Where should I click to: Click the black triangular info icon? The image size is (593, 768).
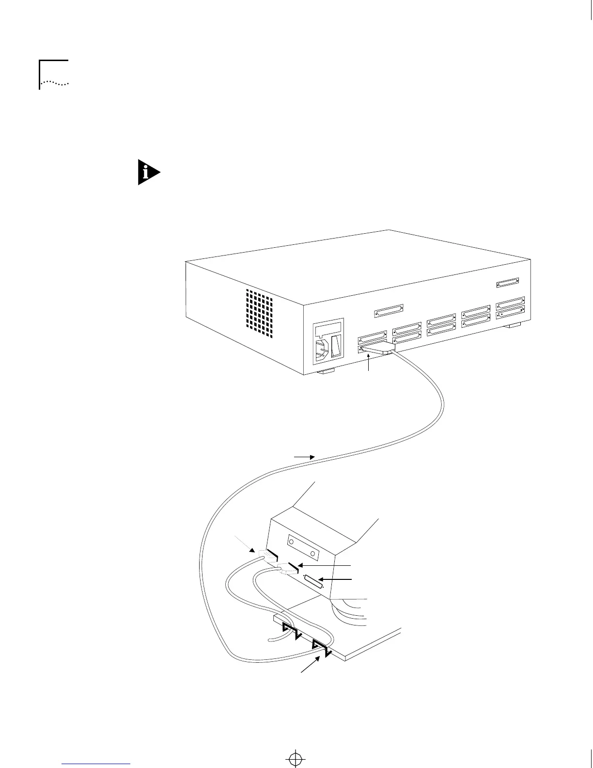(148, 172)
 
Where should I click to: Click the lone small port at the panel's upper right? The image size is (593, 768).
(508, 282)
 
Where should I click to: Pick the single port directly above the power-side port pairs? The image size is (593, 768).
(389, 310)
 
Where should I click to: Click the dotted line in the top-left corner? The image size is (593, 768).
(54, 83)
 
